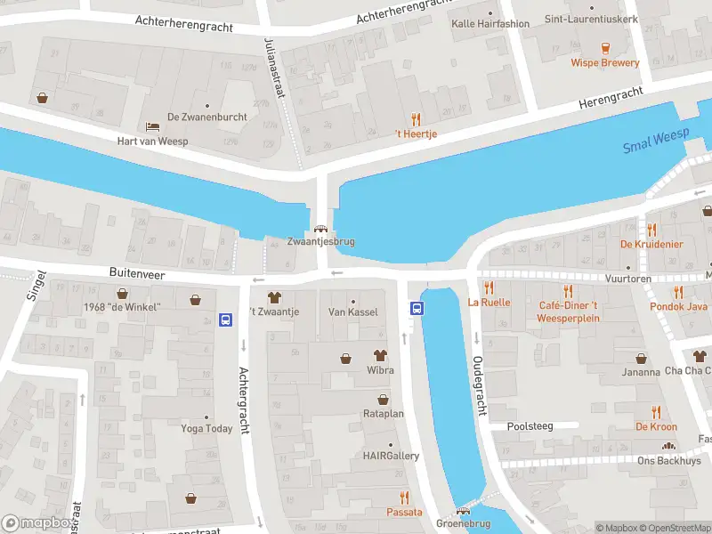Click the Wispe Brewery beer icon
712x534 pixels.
click(x=606, y=45)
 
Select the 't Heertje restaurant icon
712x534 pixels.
click(x=416, y=118)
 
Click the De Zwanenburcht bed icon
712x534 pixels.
click(x=152, y=125)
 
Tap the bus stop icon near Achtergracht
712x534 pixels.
click(x=226, y=320)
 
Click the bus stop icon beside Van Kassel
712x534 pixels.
click(x=416, y=308)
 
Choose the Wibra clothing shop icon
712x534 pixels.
click(x=380, y=353)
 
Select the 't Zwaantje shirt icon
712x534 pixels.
click(x=273, y=296)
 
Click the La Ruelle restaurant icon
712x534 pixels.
click(x=488, y=287)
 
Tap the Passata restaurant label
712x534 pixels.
click(x=404, y=512)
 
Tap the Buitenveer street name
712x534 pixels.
click(x=137, y=275)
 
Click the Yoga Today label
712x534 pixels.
click(x=206, y=428)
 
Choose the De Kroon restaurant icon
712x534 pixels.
click(x=656, y=411)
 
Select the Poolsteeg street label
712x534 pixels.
click(x=530, y=426)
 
